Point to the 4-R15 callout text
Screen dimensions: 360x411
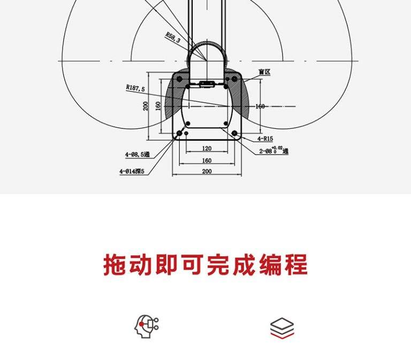click(264, 139)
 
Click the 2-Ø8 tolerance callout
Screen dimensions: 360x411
click(273, 151)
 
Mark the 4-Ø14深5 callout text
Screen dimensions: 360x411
click(133, 172)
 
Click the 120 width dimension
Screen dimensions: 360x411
click(207, 148)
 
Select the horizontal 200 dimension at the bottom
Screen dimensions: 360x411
click(207, 171)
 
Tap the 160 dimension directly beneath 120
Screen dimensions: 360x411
click(207, 160)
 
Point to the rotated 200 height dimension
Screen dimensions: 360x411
click(146, 106)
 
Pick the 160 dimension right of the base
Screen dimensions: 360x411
click(260, 106)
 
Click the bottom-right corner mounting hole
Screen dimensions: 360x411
click(234, 133)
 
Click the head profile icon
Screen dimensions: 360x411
click(146, 326)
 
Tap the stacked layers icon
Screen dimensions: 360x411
click(282, 327)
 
